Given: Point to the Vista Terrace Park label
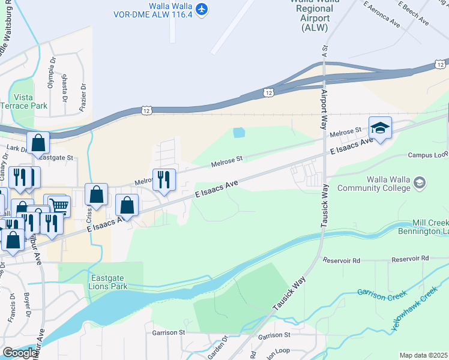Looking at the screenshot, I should coord(31,101).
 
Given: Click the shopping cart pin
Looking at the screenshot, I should coord(58,207).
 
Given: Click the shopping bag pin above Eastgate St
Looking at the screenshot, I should coord(38,144).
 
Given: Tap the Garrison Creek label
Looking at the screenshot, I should coord(381,293).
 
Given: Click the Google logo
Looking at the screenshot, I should coord(20,353).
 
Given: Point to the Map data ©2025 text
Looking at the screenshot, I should coord(423,355).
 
